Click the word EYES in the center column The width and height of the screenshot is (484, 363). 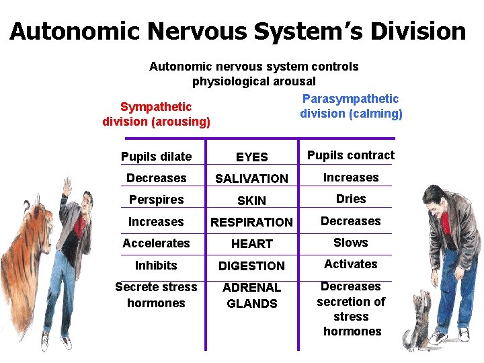tap(252, 157)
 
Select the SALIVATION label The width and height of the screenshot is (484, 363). tap(251, 178)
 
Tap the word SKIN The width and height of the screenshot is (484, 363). tap(252, 200)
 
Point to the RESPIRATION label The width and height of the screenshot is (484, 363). tap(252, 222)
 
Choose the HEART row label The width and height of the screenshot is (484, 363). tap(252, 243)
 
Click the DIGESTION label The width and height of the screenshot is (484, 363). tap(252, 266)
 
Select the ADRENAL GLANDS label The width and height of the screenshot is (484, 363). tap(252, 295)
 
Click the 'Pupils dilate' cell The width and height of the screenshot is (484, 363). tap(156, 157)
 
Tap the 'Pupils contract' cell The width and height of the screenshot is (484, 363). tap(351, 155)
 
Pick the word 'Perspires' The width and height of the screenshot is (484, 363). tap(156, 200)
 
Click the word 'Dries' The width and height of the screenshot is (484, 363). tap(351, 198)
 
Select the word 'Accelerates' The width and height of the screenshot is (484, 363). tap(156, 243)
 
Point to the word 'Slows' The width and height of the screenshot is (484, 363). tap(351, 242)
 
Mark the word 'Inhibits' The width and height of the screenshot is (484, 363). tap(156, 265)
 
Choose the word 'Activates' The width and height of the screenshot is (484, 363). tap(351, 264)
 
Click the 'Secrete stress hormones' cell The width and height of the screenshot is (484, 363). tap(156, 294)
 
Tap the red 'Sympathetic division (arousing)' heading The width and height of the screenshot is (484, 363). tap(156, 114)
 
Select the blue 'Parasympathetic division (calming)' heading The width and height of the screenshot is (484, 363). tap(351, 106)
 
